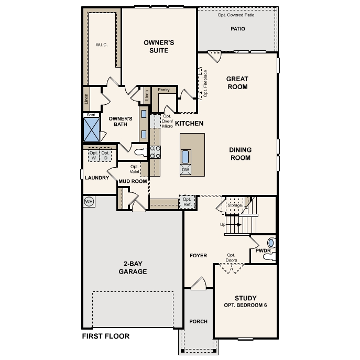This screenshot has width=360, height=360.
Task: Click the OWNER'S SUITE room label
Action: click(x=159, y=46)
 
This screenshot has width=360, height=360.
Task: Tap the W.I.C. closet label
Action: click(x=101, y=45)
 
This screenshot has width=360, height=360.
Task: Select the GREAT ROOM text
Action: click(x=237, y=83)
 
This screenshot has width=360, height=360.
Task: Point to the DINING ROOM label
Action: click(x=239, y=154)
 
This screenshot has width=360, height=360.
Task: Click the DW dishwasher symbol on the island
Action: click(x=185, y=170)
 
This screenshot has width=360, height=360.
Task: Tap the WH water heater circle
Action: click(x=89, y=202)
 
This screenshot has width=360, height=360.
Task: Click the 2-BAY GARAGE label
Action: click(x=132, y=268)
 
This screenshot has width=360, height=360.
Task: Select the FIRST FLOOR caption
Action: click(x=105, y=336)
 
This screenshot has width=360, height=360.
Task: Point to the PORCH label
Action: click(x=198, y=321)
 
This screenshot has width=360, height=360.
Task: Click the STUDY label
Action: click(x=245, y=297)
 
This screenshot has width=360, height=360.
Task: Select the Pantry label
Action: click(x=163, y=90)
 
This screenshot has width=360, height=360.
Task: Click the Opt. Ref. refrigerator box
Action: click(x=187, y=202)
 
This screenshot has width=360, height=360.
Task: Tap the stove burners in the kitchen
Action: click(x=156, y=152)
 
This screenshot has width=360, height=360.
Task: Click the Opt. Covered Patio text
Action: click(x=236, y=15)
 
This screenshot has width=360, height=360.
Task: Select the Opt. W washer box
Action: click(x=94, y=155)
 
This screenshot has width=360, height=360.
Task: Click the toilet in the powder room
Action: click(x=271, y=244)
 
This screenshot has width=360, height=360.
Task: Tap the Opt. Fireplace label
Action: click(x=205, y=83)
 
